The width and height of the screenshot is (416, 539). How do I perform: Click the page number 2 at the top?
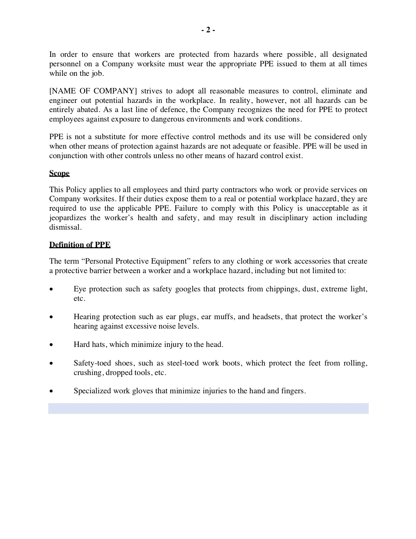(x=208, y=30)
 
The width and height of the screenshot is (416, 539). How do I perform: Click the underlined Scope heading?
(x=59, y=173)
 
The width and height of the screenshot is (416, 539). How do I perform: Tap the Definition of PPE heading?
(x=80, y=245)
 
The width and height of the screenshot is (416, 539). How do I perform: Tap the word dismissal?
(x=65, y=227)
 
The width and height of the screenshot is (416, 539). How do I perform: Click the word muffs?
(x=225, y=317)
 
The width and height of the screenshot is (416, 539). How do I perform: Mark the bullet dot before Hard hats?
(x=51, y=345)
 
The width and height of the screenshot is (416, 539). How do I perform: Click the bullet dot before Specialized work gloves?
(x=51, y=391)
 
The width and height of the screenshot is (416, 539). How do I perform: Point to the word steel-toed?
(x=183, y=363)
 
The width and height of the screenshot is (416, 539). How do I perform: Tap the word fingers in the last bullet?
(x=293, y=391)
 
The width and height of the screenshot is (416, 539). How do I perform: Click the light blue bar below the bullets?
(x=208, y=408)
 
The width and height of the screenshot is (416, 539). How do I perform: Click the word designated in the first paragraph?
(x=350, y=54)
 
